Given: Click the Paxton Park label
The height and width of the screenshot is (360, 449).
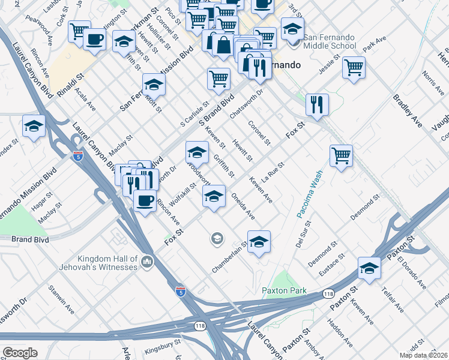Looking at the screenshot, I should pos(285,291).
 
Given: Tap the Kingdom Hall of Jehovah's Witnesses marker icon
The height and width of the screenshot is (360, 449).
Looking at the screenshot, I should pos(148,262).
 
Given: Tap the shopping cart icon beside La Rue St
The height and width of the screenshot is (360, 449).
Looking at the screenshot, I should pos(341,155).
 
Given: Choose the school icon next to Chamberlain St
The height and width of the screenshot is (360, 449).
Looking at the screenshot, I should pos(259,242).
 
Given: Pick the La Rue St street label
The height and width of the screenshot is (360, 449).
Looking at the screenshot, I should pos(273,171).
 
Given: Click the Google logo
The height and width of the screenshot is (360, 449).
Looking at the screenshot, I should pos(20,353).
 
